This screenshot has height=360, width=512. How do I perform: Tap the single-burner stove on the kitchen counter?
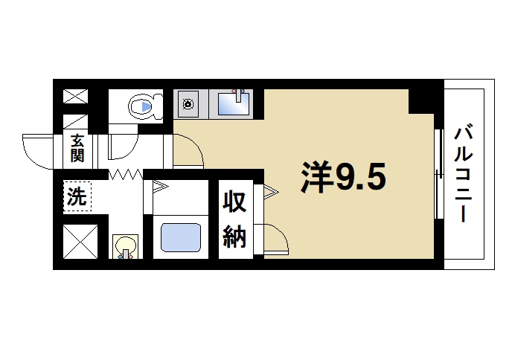[188, 103]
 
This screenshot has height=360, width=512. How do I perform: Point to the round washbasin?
[126, 246]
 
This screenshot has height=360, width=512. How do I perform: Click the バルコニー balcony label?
[464, 176]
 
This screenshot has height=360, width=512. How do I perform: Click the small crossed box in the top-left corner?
[76, 96]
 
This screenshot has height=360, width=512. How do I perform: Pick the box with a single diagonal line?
[76, 121]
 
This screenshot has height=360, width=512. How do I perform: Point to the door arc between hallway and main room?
[191, 149]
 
